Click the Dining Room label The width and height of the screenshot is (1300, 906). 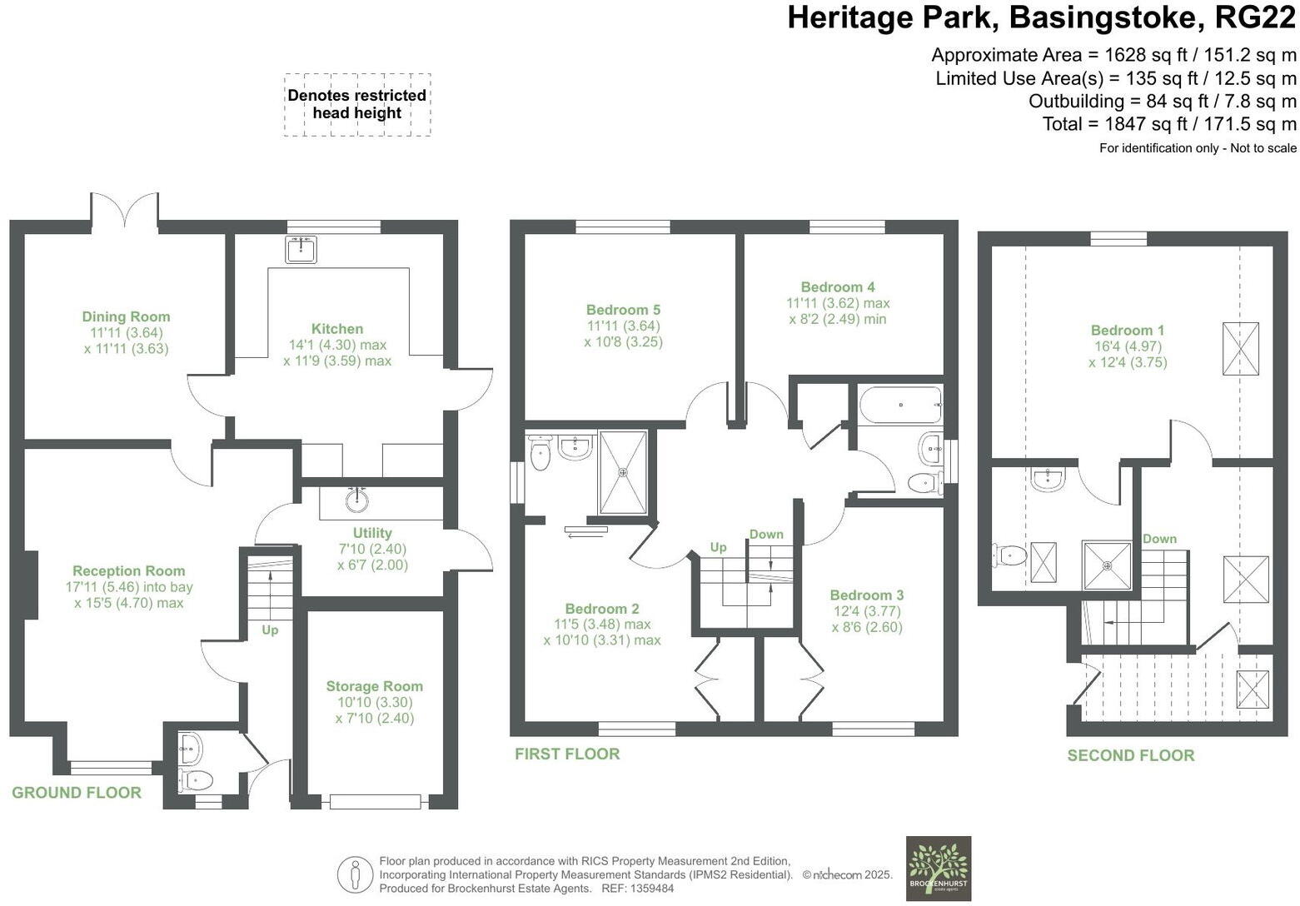pyautogui.click(x=126, y=316)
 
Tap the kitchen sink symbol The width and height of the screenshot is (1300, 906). pyautogui.click(x=301, y=249)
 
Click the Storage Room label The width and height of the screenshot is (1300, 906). pyautogui.click(x=374, y=686)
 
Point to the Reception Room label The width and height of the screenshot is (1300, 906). pyautogui.click(x=128, y=571)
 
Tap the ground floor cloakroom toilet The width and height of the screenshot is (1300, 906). pyautogui.click(x=196, y=780)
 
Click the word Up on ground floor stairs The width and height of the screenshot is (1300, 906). pyautogui.click(x=270, y=630)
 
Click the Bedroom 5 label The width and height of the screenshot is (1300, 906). pyautogui.click(x=623, y=310)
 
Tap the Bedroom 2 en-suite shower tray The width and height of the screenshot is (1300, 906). pyautogui.click(x=622, y=472)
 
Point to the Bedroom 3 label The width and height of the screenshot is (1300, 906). pyautogui.click(x=866, y=595)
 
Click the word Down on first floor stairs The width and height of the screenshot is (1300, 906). pyautogui.click(x=765, y=535)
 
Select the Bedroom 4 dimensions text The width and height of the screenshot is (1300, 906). pyautogui.click(x=838, y=311)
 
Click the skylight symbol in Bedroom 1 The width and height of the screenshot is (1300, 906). pyautogui.click(x=1240, y=349)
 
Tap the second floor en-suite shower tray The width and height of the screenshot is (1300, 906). pyautogui.click(x=1107, y=566)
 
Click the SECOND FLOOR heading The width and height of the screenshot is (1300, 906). pyautogui.click(x=1130, y=755)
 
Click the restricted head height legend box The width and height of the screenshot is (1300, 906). pyautogui.click(x=356, y=105)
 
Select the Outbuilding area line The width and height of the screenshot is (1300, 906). pyautogui.click(x=1162, y=102)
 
